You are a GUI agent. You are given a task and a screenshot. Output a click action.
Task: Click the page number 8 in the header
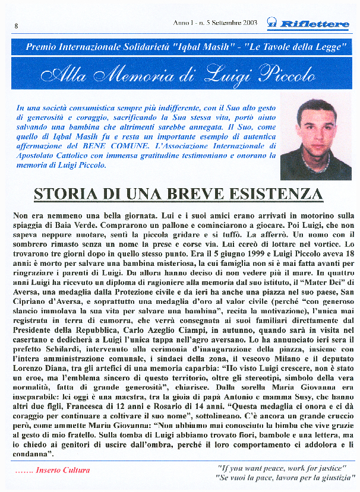pos(16,26)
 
